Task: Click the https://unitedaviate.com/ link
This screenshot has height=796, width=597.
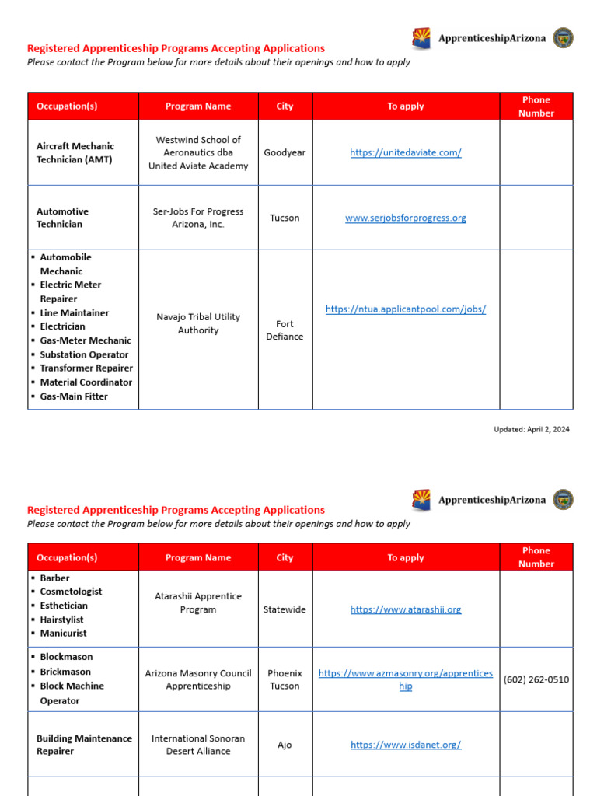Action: click(405, 153)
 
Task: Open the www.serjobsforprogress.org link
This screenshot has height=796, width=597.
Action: click(405, 218)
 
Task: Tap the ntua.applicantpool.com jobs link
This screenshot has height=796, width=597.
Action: click(405, 309)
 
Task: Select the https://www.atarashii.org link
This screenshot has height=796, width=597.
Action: click(405, 610)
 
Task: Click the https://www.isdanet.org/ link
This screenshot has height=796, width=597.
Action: click(405, 745)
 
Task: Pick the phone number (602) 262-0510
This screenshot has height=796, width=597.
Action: click(536, 679)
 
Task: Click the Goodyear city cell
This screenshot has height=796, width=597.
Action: click(285, 153)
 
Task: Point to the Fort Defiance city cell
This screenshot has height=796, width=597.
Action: click(285, 330)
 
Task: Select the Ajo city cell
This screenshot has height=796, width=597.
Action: click(285, 745)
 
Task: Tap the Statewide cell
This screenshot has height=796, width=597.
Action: click(285, 610)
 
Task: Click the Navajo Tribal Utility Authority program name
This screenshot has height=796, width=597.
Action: click(198, 323)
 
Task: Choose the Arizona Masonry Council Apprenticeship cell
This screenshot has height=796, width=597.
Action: click(198, 679)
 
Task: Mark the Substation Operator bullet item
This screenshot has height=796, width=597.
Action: click(84, 354)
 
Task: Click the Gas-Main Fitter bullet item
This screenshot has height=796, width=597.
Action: click(74, 396)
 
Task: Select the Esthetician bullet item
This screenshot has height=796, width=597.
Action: click(64, 606)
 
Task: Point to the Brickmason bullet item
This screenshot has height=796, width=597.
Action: click(65, 672)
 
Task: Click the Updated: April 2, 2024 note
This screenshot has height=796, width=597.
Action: click(531, 429)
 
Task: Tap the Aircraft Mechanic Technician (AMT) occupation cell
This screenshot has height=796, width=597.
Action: click(75, 153)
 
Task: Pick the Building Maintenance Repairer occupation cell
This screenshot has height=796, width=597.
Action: click(84, 745)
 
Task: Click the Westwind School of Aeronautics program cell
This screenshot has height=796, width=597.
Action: click(198, 153)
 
